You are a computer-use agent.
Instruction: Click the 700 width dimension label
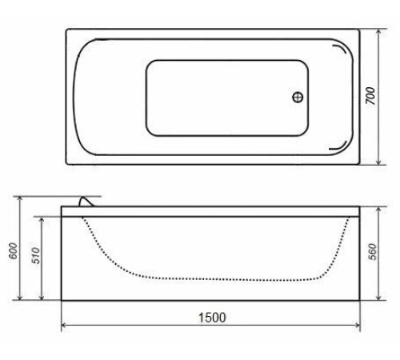370,96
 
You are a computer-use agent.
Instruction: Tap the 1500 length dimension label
212,318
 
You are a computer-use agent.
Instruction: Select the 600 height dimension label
14,250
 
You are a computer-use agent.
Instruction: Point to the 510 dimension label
36,255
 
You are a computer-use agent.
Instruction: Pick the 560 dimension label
372,252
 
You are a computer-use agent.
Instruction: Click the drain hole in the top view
298,97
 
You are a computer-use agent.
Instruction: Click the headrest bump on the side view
86,202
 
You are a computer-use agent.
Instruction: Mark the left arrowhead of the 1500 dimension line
64,325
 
